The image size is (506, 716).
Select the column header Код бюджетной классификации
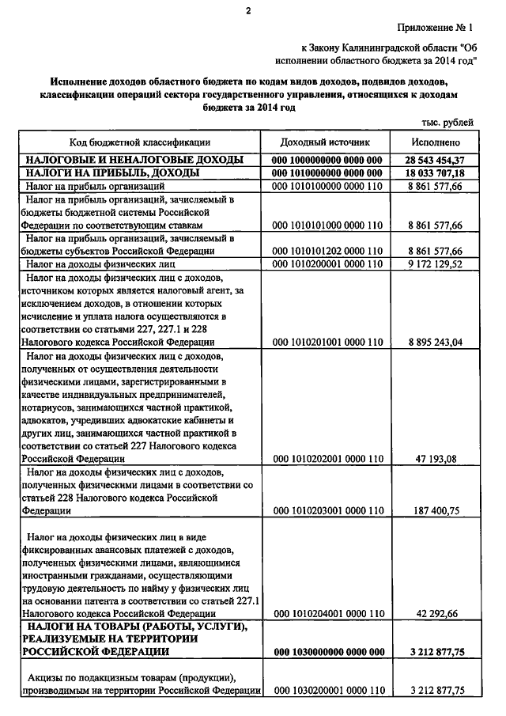point(139,142)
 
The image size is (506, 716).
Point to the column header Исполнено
point(435,142)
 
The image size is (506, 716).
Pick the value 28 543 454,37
point(435,160)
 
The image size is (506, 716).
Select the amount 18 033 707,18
point(435,172)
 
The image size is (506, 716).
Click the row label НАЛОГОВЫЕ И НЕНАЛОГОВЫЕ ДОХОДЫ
point(134,160)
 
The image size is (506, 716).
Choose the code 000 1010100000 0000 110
point(326,186)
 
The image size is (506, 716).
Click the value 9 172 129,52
point(436,263)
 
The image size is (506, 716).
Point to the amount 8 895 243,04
point(436,342)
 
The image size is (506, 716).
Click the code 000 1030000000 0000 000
point(326,651)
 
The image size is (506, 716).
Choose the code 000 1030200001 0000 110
point(326,691)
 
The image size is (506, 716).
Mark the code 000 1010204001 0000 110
point(326,612)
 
